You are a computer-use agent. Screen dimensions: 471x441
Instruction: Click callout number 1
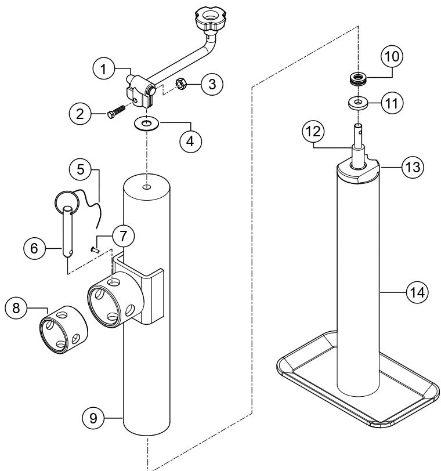pos(104,69)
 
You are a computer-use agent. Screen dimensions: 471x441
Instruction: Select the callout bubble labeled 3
pos(212,84)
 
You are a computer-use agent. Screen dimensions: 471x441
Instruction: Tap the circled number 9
pos(93,416)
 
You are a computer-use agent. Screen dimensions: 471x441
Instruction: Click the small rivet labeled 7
pos(95,249)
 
